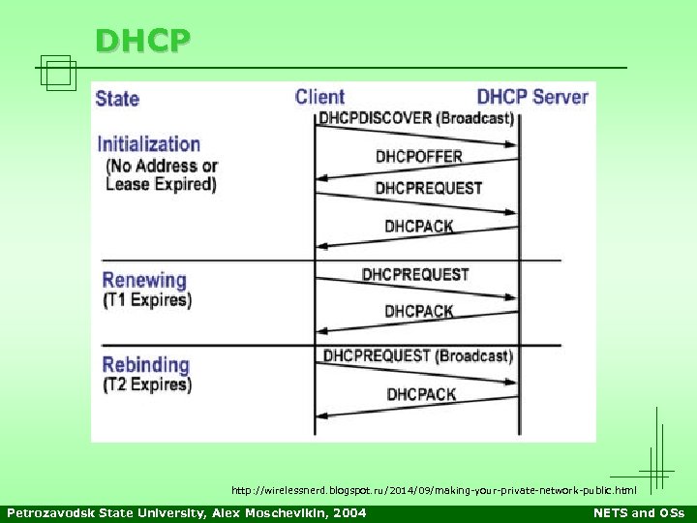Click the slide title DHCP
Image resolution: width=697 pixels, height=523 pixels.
(143, 41)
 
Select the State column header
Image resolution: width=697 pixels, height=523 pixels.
(117, 98)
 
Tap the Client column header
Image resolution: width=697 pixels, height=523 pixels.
(319, 97)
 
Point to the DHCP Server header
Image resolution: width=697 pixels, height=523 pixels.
(532, 97)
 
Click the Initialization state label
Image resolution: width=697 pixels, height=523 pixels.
(148, 144)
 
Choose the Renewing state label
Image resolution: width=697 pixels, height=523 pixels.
(144, 280)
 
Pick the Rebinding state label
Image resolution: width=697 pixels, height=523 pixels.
(145, 365)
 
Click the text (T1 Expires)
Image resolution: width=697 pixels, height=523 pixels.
(147, 300)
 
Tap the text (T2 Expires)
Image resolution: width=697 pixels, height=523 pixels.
(147, 385)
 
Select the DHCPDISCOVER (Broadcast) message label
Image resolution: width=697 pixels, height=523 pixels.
(415, 119)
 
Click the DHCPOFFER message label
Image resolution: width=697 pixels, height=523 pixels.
(419, 156)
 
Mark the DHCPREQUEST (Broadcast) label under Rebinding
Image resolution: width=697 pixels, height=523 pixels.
(417, 355)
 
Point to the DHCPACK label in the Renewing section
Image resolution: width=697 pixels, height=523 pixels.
(419, 311)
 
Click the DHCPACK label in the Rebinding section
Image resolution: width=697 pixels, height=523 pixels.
(421, 394)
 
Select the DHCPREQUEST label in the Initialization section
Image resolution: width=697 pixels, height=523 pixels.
(429, 188)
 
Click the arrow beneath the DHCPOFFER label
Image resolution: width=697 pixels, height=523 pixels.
(416, 171)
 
